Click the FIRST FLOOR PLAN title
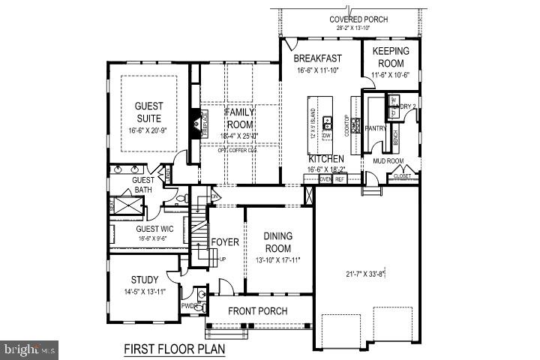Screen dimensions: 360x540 (174, 349)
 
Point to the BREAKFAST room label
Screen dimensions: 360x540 (317, 58)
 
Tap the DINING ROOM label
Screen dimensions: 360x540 (277, 242)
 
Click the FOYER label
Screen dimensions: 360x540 (224, 242)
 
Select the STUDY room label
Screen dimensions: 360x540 (144, 280)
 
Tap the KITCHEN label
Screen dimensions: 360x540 (327, 159)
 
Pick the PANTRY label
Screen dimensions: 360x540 (374, 128)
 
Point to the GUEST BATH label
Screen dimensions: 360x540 (142, 185)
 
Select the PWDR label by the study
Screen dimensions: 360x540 (190, 305)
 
